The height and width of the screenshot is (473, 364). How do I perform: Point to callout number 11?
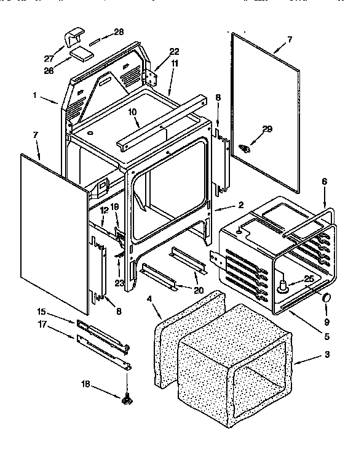tap(175, 63)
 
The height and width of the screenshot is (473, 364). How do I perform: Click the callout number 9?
tap(326, 321)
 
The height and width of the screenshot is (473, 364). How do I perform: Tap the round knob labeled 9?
tap(326, 299)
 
